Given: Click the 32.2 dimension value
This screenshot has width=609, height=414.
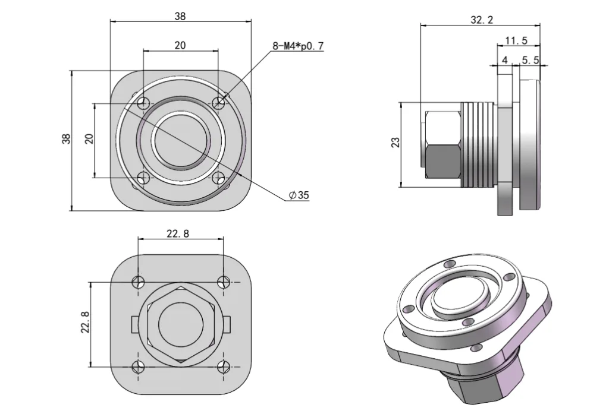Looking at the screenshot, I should tap(482, 20).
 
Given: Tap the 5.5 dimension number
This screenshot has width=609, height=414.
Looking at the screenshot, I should tap(529, 59).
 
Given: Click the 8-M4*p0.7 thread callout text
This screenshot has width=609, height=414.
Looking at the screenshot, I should tap(299, 45).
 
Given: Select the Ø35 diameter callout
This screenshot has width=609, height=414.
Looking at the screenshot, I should tap(299, 195).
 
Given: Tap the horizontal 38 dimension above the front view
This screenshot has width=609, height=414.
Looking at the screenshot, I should tap(180, 17).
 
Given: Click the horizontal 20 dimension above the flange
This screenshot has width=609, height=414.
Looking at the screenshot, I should tap(180, 45).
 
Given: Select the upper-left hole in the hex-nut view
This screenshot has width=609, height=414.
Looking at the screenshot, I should tap(139, 281).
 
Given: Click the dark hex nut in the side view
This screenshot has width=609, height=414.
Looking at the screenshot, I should tap(442, 160).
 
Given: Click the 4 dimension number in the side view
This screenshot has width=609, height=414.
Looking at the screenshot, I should tap(504, 59).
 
